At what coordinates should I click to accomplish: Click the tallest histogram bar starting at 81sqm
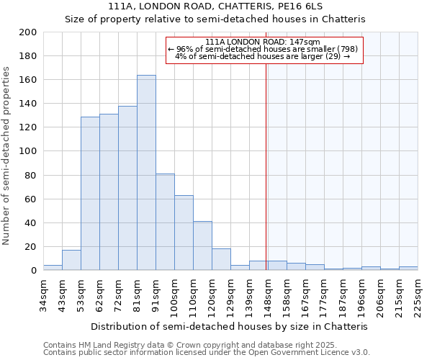coord(146,173)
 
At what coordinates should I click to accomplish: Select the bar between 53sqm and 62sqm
coord(90,193)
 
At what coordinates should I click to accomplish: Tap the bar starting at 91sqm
coord(165,222)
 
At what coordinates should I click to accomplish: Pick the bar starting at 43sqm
coord(71,260)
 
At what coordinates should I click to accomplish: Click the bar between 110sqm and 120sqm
coord(202,246)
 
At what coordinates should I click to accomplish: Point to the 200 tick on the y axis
coord(27,32)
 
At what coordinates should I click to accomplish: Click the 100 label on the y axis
coord(27,151)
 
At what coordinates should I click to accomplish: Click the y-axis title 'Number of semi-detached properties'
coord(7,156)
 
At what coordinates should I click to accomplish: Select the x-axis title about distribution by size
coord(230,326)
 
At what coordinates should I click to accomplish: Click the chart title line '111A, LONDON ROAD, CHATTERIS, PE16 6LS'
coord(215,6)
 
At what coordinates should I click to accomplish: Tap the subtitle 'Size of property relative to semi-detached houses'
coord(215,19)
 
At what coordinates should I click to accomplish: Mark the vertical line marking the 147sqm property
coord(266,158)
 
